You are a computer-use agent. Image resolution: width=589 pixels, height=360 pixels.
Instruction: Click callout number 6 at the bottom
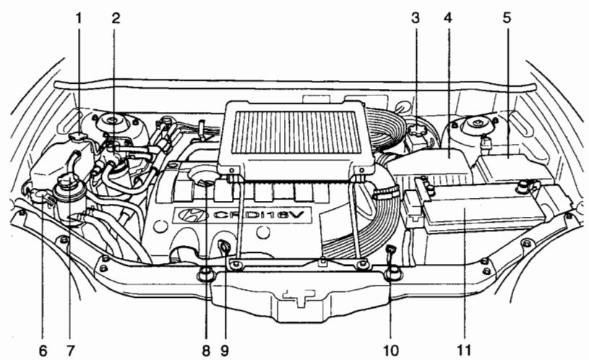(43, 351)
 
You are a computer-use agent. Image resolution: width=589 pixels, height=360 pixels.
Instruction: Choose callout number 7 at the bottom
(70, 351)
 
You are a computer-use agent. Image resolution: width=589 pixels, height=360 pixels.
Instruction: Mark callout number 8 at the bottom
(206, 351)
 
